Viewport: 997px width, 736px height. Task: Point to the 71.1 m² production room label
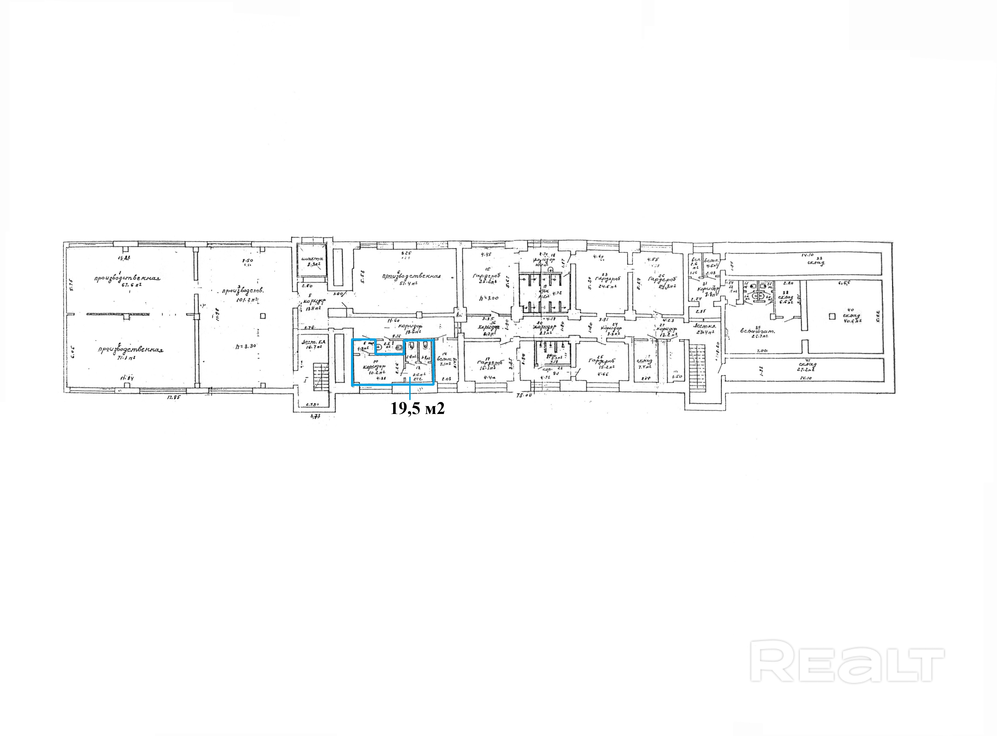pyautogui.click(x=128, y=358)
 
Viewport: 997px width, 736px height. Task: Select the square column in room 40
pyautogui.click(x=832, y=316)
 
